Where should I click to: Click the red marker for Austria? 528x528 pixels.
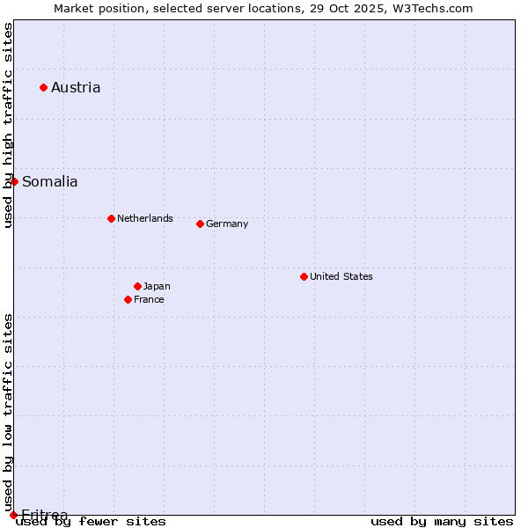tap(43, 87)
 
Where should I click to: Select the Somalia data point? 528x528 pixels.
tap(14, 181)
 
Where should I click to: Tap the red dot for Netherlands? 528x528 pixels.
tap(111, 218)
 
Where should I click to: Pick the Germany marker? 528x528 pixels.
tap(200, 224)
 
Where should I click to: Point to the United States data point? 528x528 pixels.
tap(304, 276)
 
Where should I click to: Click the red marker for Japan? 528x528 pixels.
tap(137, 286)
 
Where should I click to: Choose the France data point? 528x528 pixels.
tap(128, 299)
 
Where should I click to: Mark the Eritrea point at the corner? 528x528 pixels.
tap(13, 515)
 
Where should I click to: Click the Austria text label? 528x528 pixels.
tap(76, 87)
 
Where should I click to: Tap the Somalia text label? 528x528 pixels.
tap(50, 182)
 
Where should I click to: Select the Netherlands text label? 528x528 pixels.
tap(145, 218)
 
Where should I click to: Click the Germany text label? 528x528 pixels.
tap(227, 224)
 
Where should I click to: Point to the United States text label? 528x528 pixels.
tap(341, 276)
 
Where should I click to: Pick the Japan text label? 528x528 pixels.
tap(157, 286)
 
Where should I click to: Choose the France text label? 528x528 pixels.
tap(149, 299)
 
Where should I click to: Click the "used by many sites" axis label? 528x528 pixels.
tap(442, 521)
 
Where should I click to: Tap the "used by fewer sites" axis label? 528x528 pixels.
tap(92, 521)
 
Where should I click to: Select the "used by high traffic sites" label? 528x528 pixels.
tap(8, 125)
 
